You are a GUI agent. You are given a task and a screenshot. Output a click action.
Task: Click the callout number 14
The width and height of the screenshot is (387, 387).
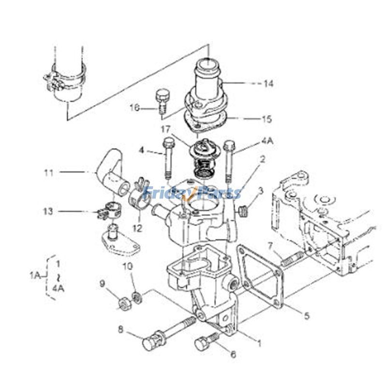pyautogui.click(x=268, y=84)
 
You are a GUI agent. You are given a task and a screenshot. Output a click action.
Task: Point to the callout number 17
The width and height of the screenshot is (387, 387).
pyautogui.click(x=166, y=129)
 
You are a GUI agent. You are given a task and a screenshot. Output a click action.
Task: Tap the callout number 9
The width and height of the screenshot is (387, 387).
pyautogui.click(x=103, y=283)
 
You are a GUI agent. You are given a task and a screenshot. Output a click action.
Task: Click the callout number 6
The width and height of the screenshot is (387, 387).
pyautogui.click(x=233, y=355)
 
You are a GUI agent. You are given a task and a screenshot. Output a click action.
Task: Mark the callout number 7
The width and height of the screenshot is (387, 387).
pyautogui.click(x=271, y=245)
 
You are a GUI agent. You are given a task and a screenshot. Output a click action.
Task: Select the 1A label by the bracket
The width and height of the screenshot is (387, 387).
pyautogui.click(x=34, y=276)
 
